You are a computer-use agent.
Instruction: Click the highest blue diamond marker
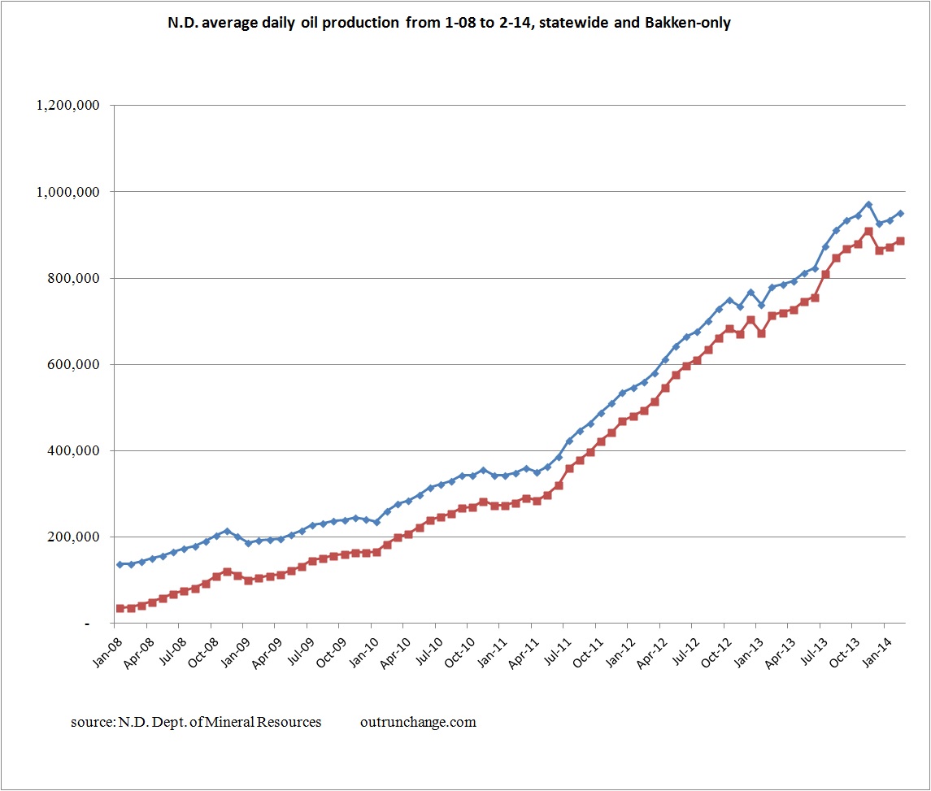click(x=868, y=205)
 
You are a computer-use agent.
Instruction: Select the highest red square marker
click(x=868, y=232)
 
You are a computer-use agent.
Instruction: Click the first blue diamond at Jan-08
click(x=120, y=564)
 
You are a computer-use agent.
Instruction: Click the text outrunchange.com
click(x=417, y=722)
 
